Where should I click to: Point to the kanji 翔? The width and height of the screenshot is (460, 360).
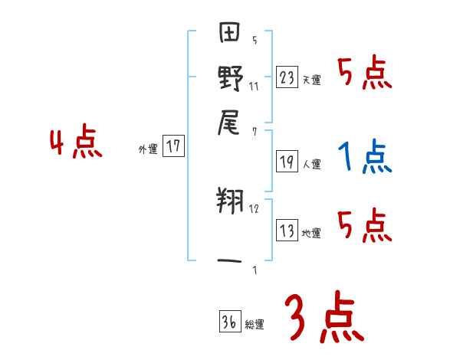[x=231, y=203]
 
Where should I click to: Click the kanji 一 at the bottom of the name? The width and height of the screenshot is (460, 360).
[x=231, y=261]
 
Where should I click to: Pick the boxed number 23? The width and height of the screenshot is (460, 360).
[x=287, y=77]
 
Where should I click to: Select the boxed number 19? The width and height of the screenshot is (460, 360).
[x=287, y=162]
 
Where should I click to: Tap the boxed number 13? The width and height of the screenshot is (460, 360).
[x=287, y=231]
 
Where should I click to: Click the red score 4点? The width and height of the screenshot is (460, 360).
[x=75, y=143]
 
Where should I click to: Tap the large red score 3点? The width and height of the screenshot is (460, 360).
[x=324, y=317]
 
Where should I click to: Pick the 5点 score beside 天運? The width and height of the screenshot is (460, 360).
[x=364, y=74]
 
